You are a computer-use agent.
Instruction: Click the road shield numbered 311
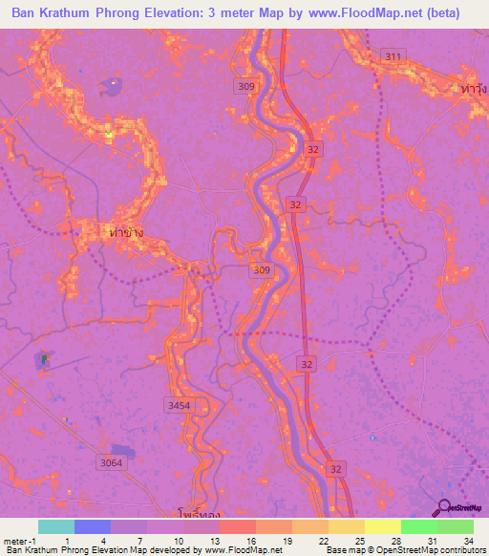click(392, 57)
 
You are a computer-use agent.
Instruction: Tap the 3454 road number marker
click(179, 406)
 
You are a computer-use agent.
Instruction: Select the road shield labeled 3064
click(112, 463)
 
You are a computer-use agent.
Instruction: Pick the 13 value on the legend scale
click(219, 540)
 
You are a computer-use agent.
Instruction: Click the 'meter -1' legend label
click(21, 540)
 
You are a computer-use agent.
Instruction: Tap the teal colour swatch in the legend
click(56, 526)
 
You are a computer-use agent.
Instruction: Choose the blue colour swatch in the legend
click(93, 526)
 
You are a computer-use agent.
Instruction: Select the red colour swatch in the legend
click(237, 526)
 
